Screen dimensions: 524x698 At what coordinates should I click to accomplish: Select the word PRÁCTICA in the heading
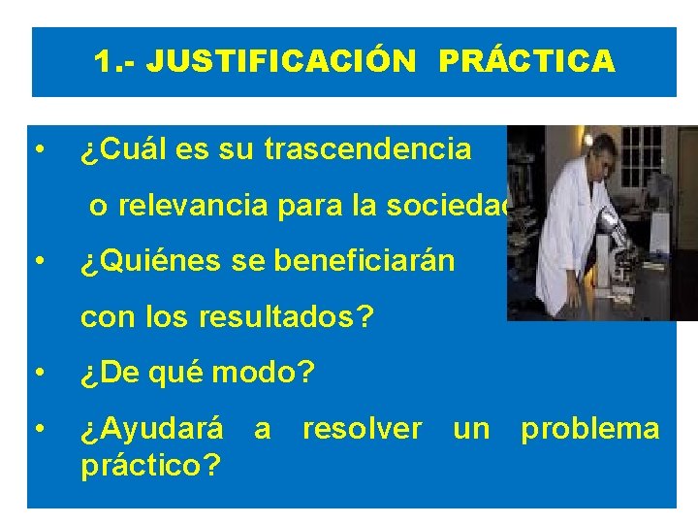click(x=526, y=62)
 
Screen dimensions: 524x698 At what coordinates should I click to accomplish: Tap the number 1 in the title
click(x=102, y=62)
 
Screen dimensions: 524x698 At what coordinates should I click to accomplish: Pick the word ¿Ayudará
click(x=152, y=428)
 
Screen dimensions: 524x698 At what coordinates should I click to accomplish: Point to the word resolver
click(x=362, y=428)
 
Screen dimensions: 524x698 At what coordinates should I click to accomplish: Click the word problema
click(x=590, y=428)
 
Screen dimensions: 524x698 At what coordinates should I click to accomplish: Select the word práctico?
click(x=150, y=464)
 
